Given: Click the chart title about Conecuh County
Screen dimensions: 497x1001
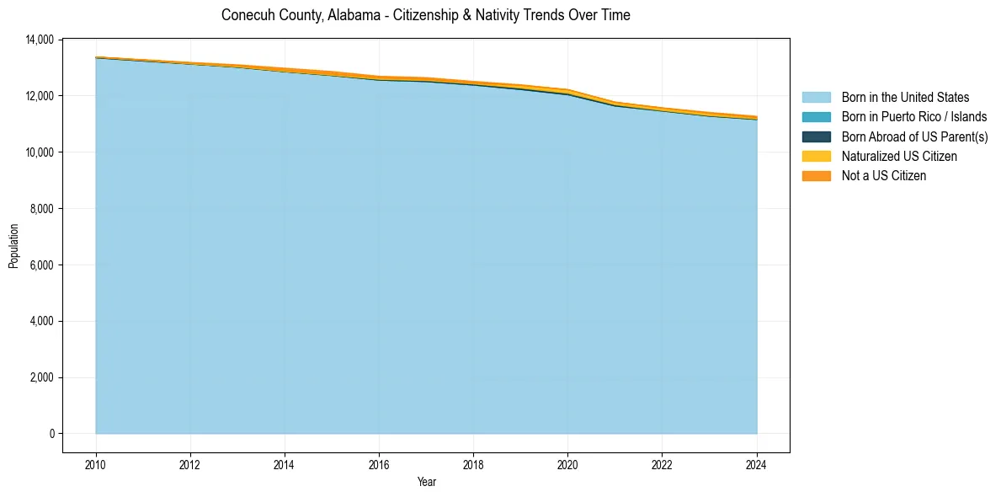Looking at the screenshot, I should tap(425, 15).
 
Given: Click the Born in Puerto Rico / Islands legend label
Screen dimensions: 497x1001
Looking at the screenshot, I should tap(914, 117).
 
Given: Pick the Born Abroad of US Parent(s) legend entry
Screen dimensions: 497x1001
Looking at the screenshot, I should tap(914, 136).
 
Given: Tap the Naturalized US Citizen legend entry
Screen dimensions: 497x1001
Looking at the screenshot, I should tap(899, 156).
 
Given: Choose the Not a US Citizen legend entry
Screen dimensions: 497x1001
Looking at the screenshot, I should tap(883, 175).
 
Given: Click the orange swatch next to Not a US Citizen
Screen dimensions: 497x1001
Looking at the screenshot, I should tap(816, 175).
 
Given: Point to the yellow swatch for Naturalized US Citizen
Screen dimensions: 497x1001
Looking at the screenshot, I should tap(816, 156).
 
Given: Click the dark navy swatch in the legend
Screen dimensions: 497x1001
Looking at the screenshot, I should tap(816, 136).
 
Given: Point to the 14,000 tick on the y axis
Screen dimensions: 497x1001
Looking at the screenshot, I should tap(40, 40).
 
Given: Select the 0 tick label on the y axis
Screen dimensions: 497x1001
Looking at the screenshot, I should tap(52, 434).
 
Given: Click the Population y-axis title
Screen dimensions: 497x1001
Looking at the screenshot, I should tap(13, 246).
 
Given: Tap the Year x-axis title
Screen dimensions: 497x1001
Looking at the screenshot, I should tap(426, 482).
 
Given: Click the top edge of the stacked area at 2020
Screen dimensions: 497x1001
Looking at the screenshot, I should tap(567, 89).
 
